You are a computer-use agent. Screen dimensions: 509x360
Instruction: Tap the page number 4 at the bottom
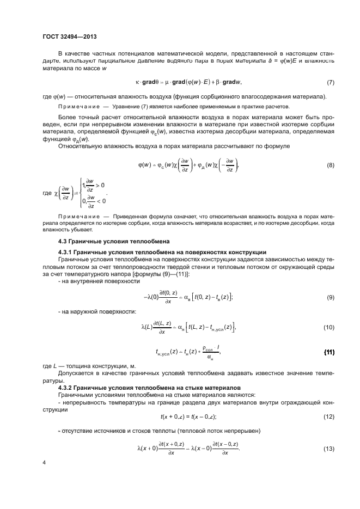click(44, 463)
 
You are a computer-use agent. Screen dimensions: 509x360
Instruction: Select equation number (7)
click(330, 82)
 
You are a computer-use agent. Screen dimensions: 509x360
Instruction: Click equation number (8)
click(330, 165)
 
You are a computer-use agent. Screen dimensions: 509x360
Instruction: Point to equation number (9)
click(330, 297)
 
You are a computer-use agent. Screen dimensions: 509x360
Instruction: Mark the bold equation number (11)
click(330, 352)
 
